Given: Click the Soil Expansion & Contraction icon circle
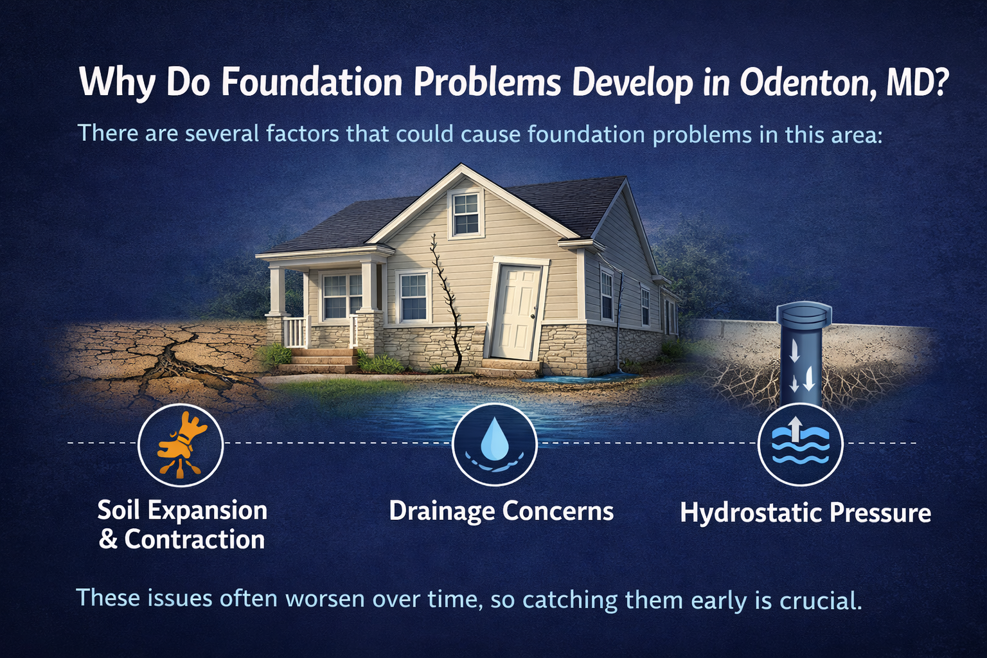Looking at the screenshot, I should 181,445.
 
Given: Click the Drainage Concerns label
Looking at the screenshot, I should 501,511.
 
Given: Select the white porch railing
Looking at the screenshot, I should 296,332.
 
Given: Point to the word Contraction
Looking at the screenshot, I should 194,540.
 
